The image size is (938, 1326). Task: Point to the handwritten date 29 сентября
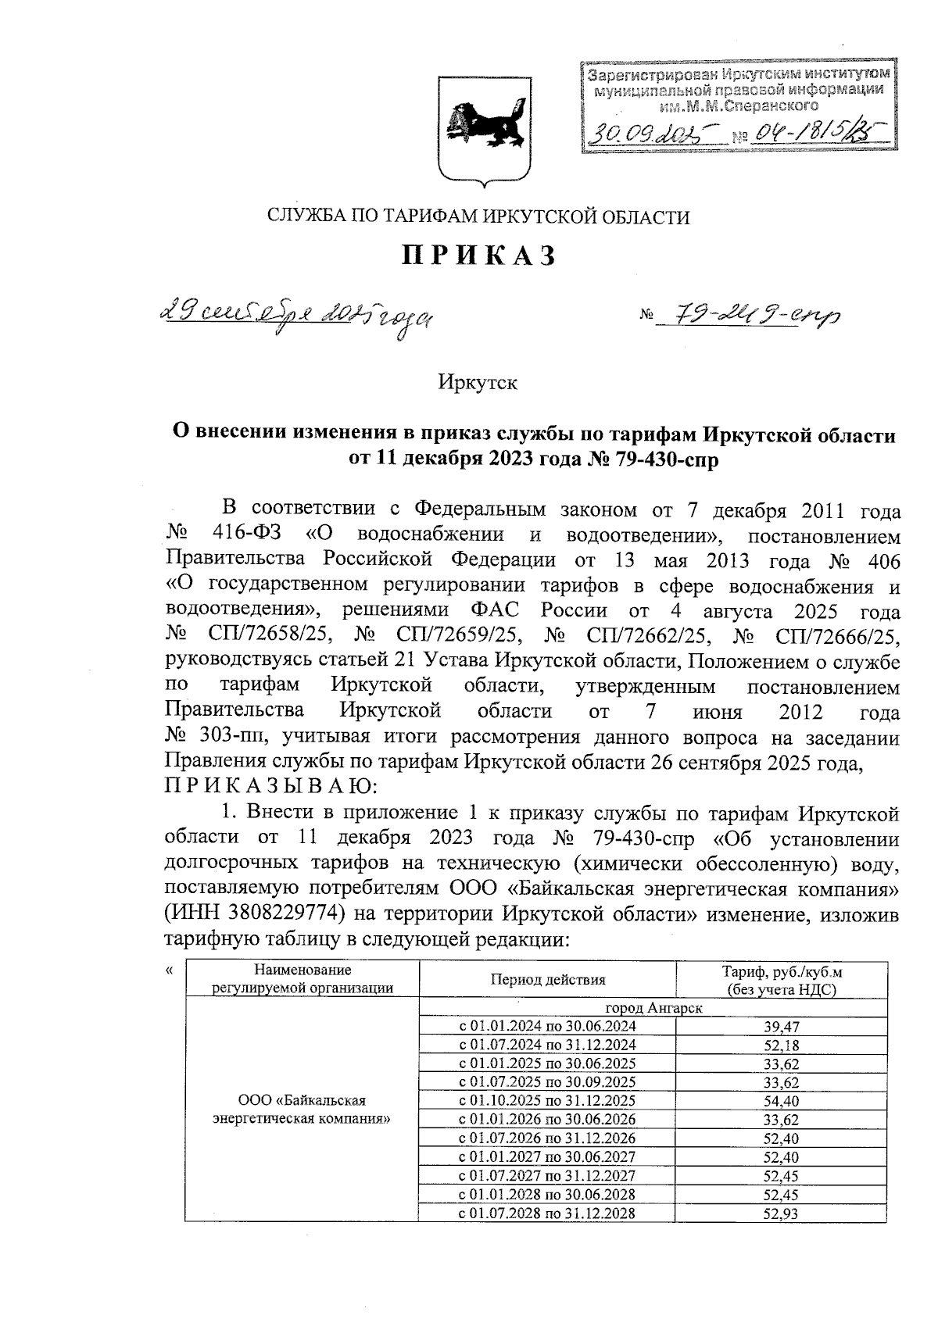click(298, 316)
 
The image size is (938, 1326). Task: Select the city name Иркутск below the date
click(478, 384)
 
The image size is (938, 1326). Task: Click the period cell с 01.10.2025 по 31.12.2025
click(546, 1101)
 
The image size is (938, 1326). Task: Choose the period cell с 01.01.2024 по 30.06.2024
click(546, 1026)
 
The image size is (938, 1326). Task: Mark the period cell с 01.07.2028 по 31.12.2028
click(546, 1213)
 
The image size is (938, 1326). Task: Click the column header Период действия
click(547, 980)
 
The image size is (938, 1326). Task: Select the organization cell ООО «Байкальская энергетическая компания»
click(302, 1110)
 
